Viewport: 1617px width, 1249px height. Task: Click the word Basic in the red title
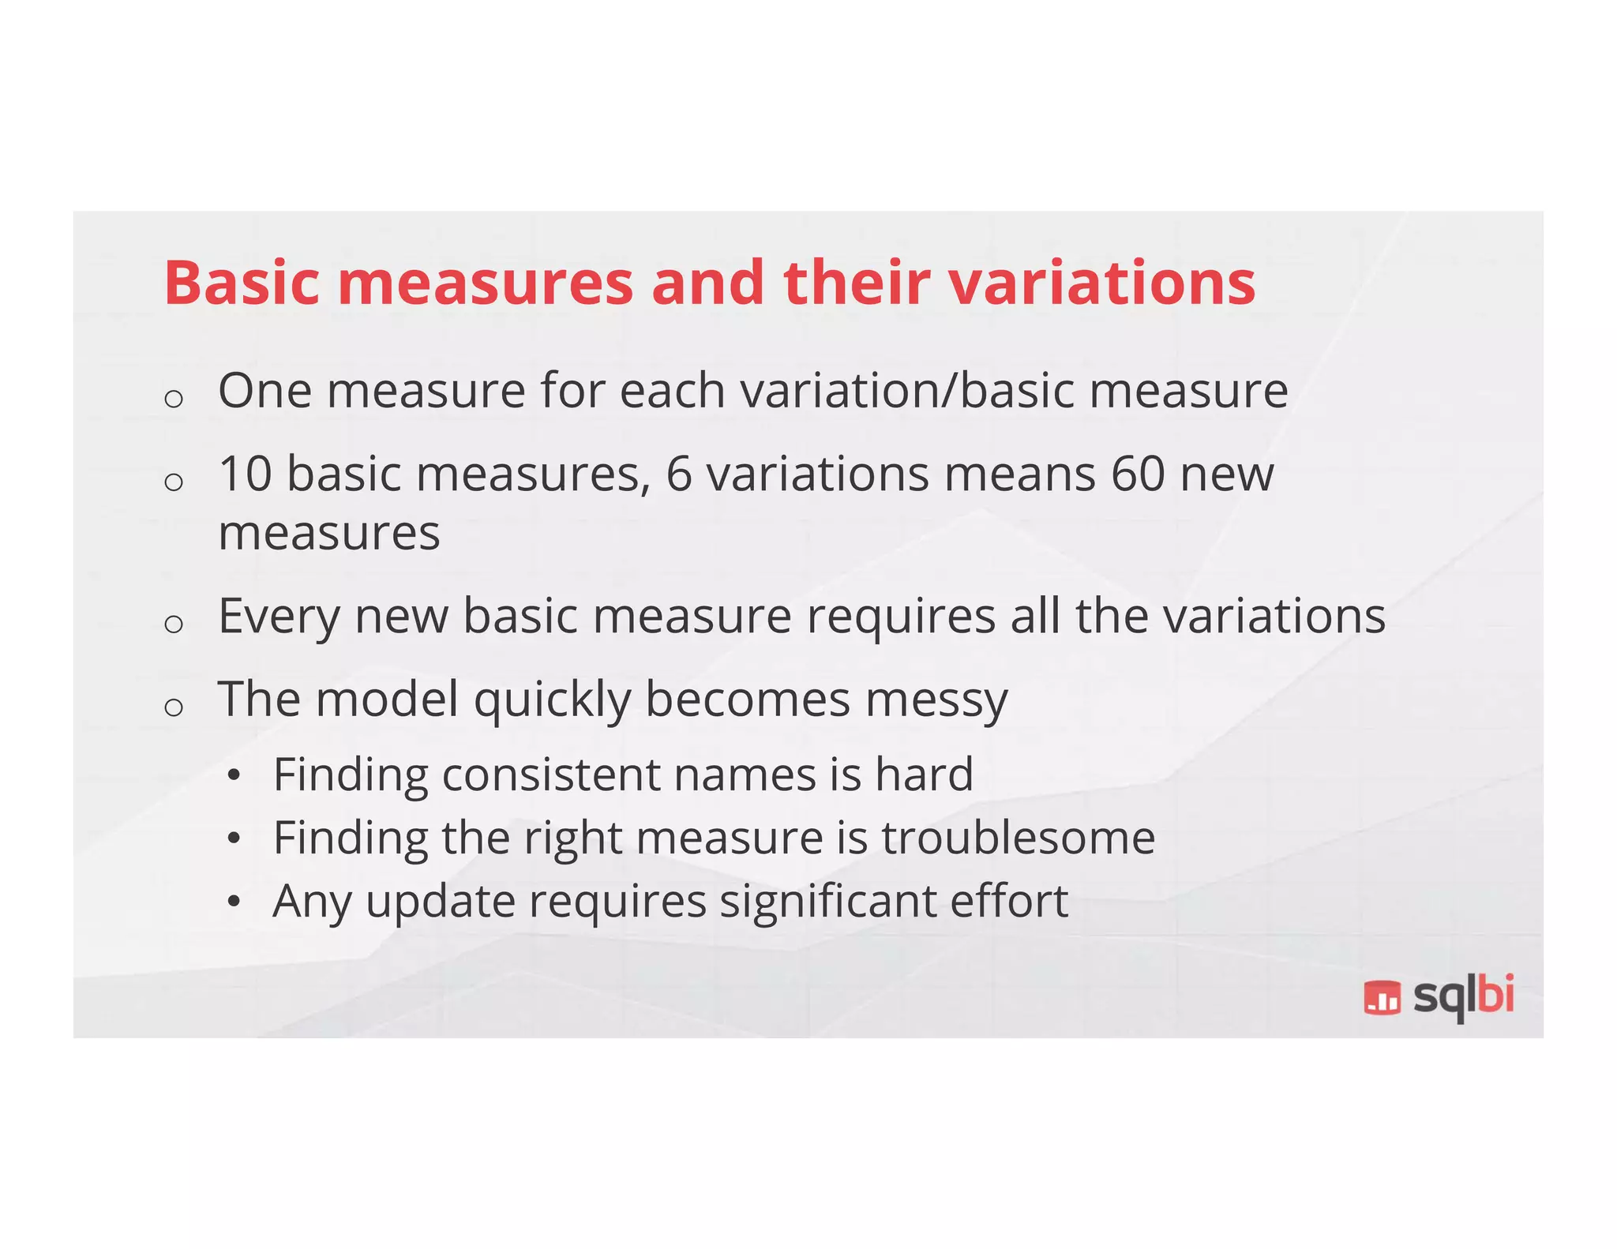coord(242,283)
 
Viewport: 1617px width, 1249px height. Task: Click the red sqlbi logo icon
coord(1382,998)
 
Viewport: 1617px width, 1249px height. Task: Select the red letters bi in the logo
coord(1495,995)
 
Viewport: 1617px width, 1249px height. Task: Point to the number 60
coord(1138,474)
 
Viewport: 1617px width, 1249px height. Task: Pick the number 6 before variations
coord(679,474)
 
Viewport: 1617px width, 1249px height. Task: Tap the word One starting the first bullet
coord(264,391)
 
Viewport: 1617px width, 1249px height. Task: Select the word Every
coord(278,617)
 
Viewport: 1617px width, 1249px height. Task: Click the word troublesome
coord(1019,838)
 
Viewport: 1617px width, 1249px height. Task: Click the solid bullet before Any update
coord(233,902)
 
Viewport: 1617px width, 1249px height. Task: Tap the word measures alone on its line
coord(328,534)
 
